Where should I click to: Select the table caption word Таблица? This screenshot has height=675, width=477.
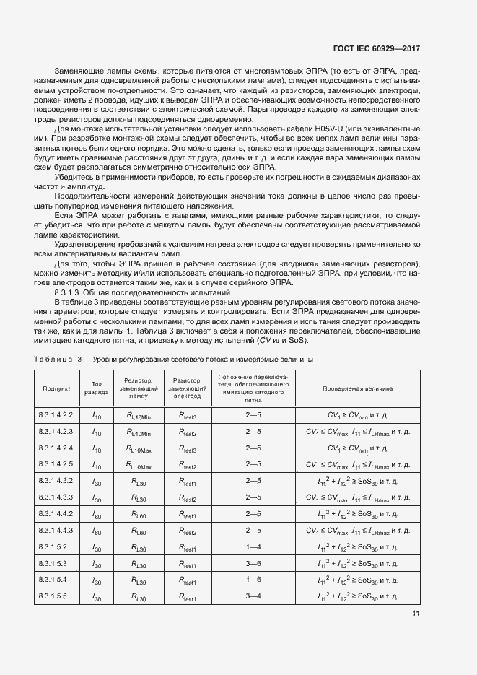pos(54,359)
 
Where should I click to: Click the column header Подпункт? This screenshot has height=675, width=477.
pos(56,388)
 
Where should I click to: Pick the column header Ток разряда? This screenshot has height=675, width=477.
pos(97,388)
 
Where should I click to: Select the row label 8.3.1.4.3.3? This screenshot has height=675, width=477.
pos(56,498)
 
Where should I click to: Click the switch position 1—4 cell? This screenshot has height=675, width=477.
pos(253,548)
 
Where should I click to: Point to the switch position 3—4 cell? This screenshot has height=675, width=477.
pos(253,597)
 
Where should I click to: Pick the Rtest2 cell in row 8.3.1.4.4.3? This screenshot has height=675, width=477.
pos(187,531)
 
